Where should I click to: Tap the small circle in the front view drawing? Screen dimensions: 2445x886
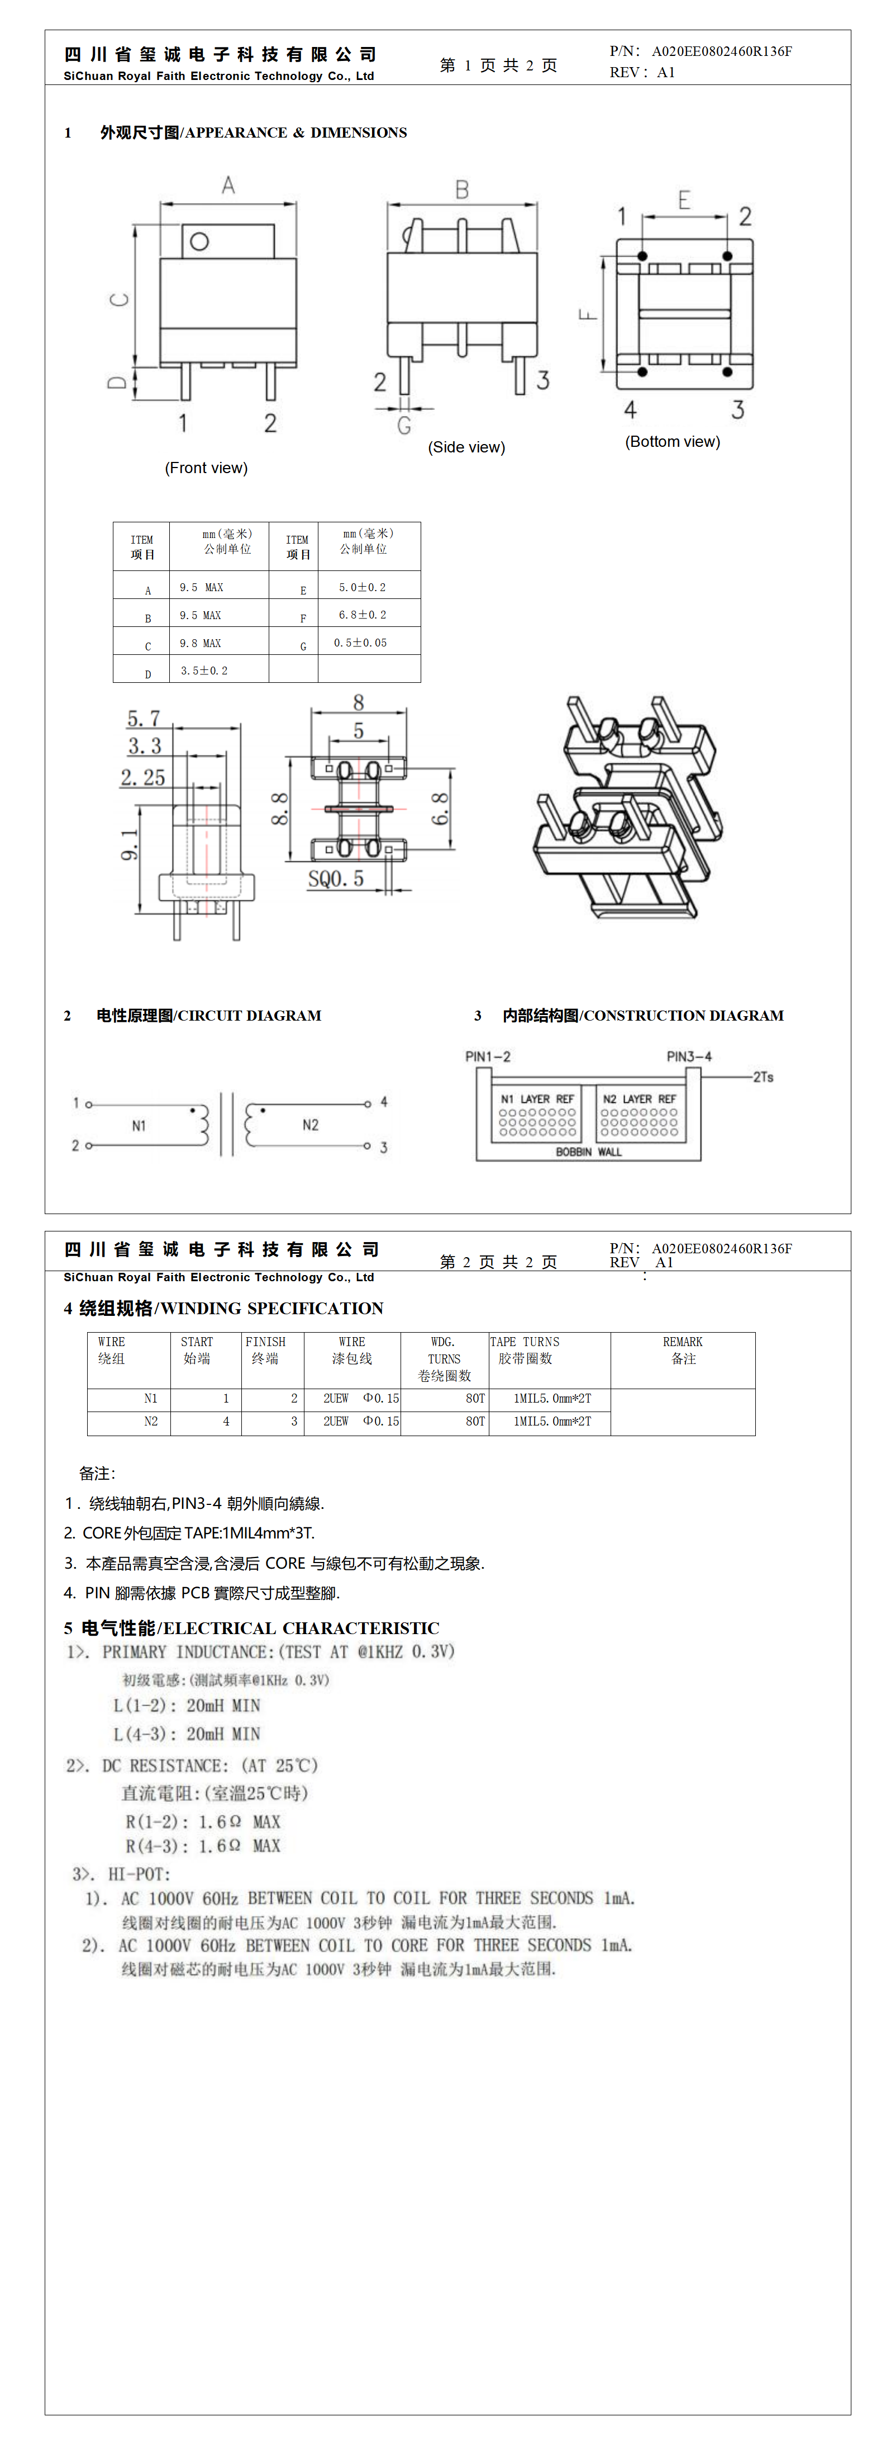tap(199, 241)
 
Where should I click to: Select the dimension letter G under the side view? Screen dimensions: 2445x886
tap(404, 425)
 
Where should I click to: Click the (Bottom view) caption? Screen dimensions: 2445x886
tap(671, 441)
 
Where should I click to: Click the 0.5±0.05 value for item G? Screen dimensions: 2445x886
tap(360, 643)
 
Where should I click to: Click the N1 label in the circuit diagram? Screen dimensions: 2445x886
tap(139, 1126)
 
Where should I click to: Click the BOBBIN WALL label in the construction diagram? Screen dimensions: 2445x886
tap(588, 1152)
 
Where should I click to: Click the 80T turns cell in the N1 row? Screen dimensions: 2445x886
tap(474, 1398)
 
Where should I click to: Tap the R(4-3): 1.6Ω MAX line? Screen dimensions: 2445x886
tap(203, 1845)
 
